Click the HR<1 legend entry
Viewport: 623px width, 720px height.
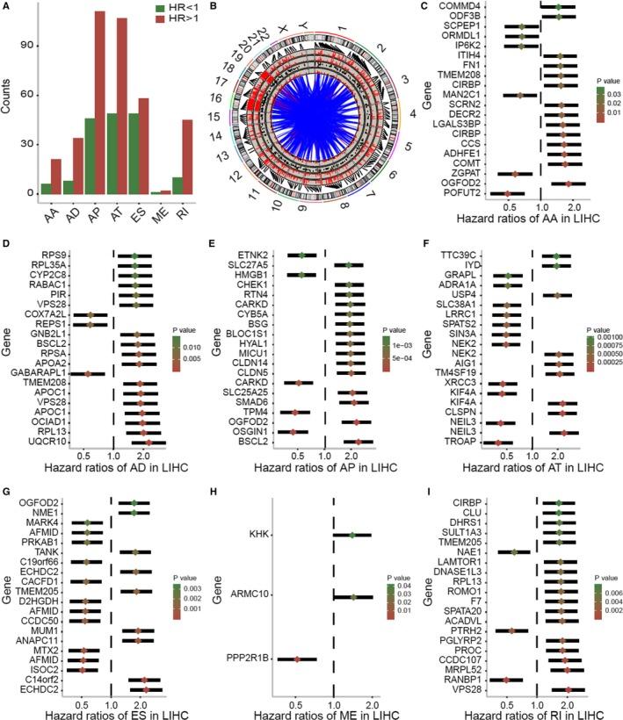point(173,8)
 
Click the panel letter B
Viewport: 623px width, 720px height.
point(215,8)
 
